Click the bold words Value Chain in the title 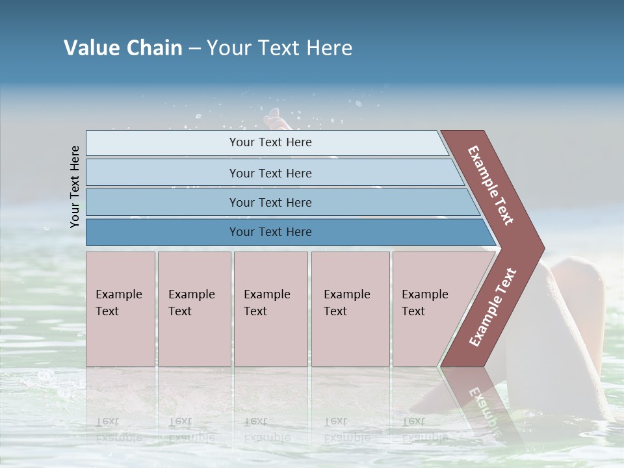(123, 48)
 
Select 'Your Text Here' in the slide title (279, 48)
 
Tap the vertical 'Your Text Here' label (75, 187)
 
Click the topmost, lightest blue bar (270, 142)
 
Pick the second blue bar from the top (270, 173)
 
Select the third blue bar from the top (270, 202)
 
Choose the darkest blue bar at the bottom (270, 232)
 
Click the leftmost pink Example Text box (120, 308)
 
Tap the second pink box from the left (194, 308)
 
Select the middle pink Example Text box (270, 308)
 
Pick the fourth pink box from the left (350, 308)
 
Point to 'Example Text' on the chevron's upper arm (491, 185)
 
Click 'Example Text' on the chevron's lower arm (492, 307)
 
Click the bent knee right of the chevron (578, 273)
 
